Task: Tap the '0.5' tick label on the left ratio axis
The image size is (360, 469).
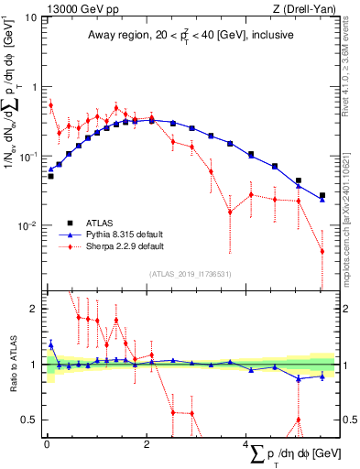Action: (x=27, y=420)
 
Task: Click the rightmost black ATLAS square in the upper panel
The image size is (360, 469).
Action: (x=322, y=195)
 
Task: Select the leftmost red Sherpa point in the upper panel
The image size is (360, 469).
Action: (x=50, y=105)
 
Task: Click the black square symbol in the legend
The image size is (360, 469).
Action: (x=69, y=223)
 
